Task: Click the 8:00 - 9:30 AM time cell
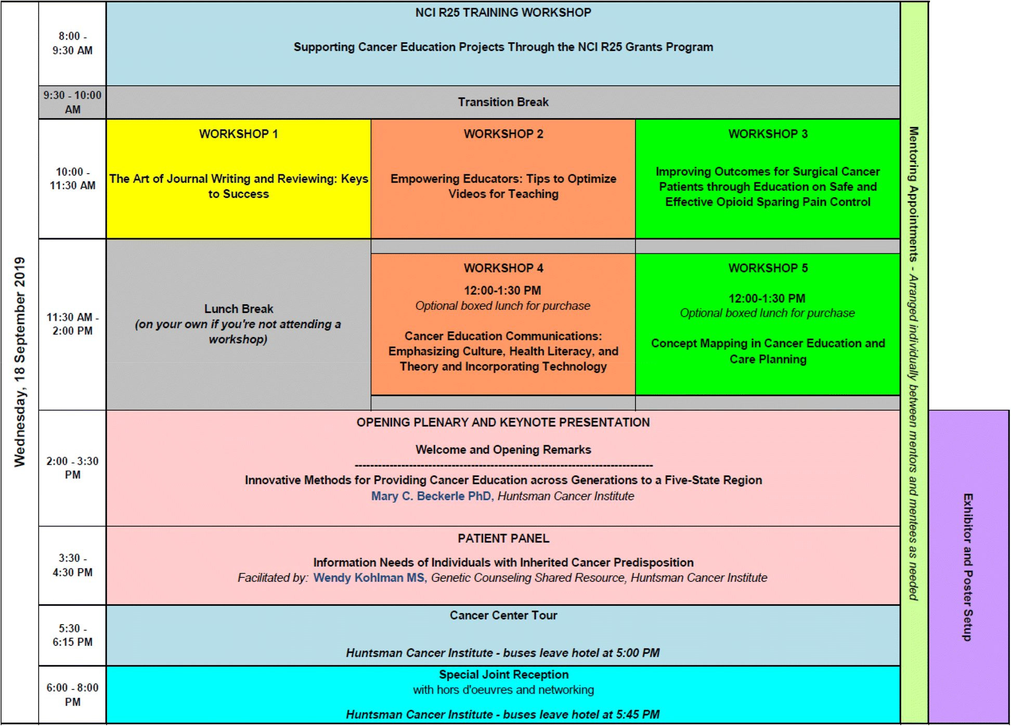click(72, 43)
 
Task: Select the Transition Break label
click(503, 102)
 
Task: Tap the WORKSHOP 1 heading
click(238, 134)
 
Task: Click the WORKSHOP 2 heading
click(503, 134)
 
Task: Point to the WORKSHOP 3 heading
click(768, 134)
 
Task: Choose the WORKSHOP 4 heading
click(503, 268)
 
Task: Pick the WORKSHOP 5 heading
click(768, 268)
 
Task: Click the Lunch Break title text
click(238, 309)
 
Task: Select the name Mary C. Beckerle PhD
click(432, 496)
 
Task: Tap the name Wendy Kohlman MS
click(369, 578)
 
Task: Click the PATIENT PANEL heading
click(503, 539)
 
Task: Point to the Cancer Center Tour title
click(503, 615)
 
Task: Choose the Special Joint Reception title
click(503, 675)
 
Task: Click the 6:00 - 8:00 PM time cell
click(72, 694)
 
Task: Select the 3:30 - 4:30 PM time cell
click(72, 565)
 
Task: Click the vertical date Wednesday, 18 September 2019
click(20, 362)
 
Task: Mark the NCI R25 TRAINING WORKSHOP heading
click(503, 12)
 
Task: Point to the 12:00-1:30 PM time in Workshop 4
click(502, 290)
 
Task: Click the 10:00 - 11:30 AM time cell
click(72, 178)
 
